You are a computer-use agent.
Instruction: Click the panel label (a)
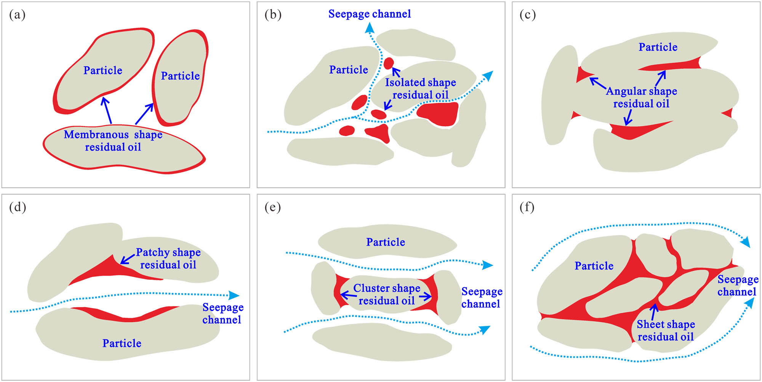[17, 15]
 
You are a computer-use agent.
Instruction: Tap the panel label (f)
[527, 207]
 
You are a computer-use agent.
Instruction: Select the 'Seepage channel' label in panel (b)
[369, 14]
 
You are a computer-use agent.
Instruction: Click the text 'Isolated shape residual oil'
[420, 88]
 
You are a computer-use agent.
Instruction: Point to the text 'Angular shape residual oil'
[641, 97]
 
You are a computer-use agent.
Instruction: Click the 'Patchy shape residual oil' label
[168, 258]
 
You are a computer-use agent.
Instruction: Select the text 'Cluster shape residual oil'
[386, 294]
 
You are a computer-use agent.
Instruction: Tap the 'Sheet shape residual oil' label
[666, 330]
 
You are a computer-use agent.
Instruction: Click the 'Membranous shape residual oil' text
[113, 141]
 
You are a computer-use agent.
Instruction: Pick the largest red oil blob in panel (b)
[438, 114]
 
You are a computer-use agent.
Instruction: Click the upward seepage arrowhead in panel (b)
[369, 28]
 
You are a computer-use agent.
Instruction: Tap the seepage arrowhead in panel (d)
[234, 295]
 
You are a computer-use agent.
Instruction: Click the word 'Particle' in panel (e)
[386, 242]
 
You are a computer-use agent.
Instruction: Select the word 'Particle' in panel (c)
[658, 47]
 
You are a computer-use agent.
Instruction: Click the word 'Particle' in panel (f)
[594, 266]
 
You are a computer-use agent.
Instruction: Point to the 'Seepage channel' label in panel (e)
[482, 298]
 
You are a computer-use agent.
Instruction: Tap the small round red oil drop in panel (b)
[388, 63]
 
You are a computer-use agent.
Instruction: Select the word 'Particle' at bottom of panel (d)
[122, 343]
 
